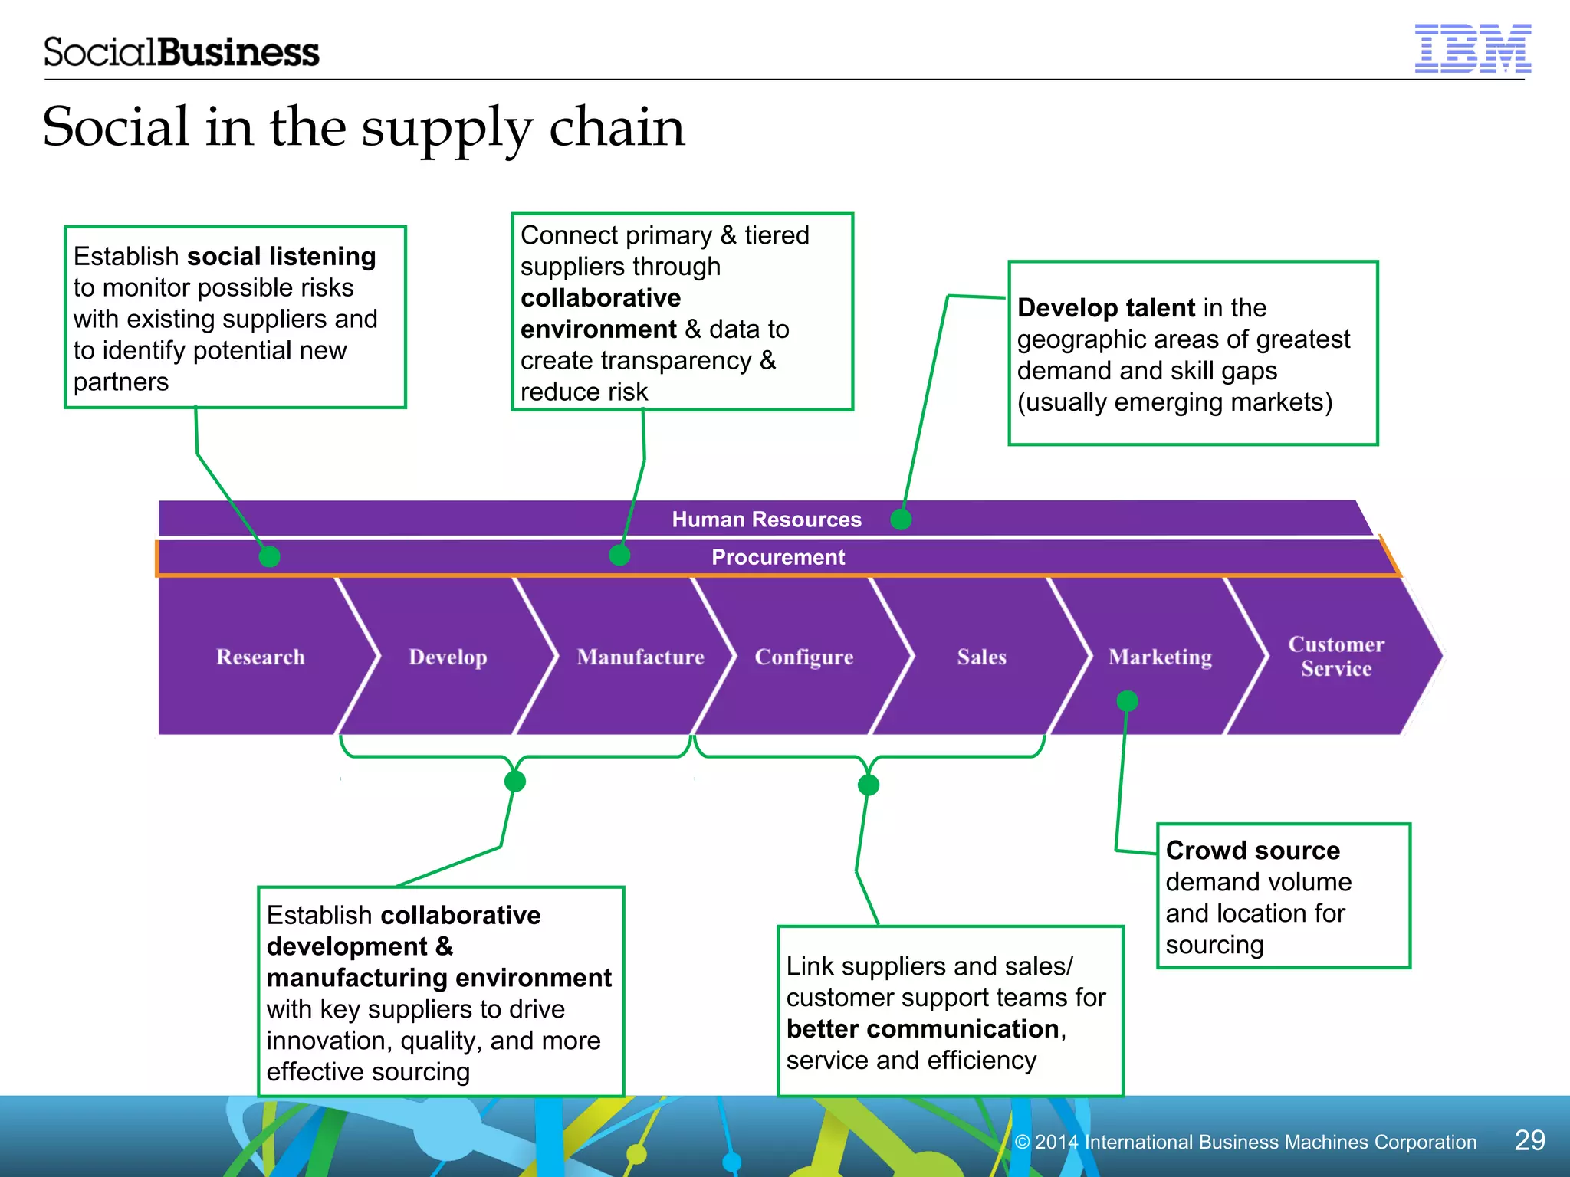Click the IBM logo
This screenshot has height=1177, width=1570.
[x=1472, y=49]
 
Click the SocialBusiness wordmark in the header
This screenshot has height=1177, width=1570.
[x=181, y=52]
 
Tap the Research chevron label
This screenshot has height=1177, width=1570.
[x=261, y=657]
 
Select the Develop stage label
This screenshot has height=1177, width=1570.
[x=448, y=657]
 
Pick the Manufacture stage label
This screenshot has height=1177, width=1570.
[x=640, y=657]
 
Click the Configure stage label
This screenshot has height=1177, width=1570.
[x=803, y=657]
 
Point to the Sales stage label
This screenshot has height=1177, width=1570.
[x=981, y=657]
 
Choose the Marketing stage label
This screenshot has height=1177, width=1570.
[x=1160, y=657]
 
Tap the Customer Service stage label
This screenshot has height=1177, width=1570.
[x=1335, y=656]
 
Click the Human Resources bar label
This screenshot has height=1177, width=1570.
[x=767, y=520]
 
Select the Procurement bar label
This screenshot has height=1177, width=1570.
[x=777, y=557]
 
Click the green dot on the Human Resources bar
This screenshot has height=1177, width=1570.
[x=901, y=520]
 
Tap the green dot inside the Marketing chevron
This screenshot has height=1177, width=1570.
[x=1127, y=700]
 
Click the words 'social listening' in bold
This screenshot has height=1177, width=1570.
[x=281, y=256]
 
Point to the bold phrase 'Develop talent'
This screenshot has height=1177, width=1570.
[x=1105, y=308]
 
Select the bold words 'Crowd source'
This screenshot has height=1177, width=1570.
[x=1253, y=851]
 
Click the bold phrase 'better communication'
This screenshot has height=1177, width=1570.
[x=923, y=1029]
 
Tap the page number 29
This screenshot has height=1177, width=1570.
[x=1529, y=1140]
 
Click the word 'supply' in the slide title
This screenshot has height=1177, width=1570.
[x=446, y=129]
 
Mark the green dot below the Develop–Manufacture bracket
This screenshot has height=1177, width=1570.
[x=515, y=782]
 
